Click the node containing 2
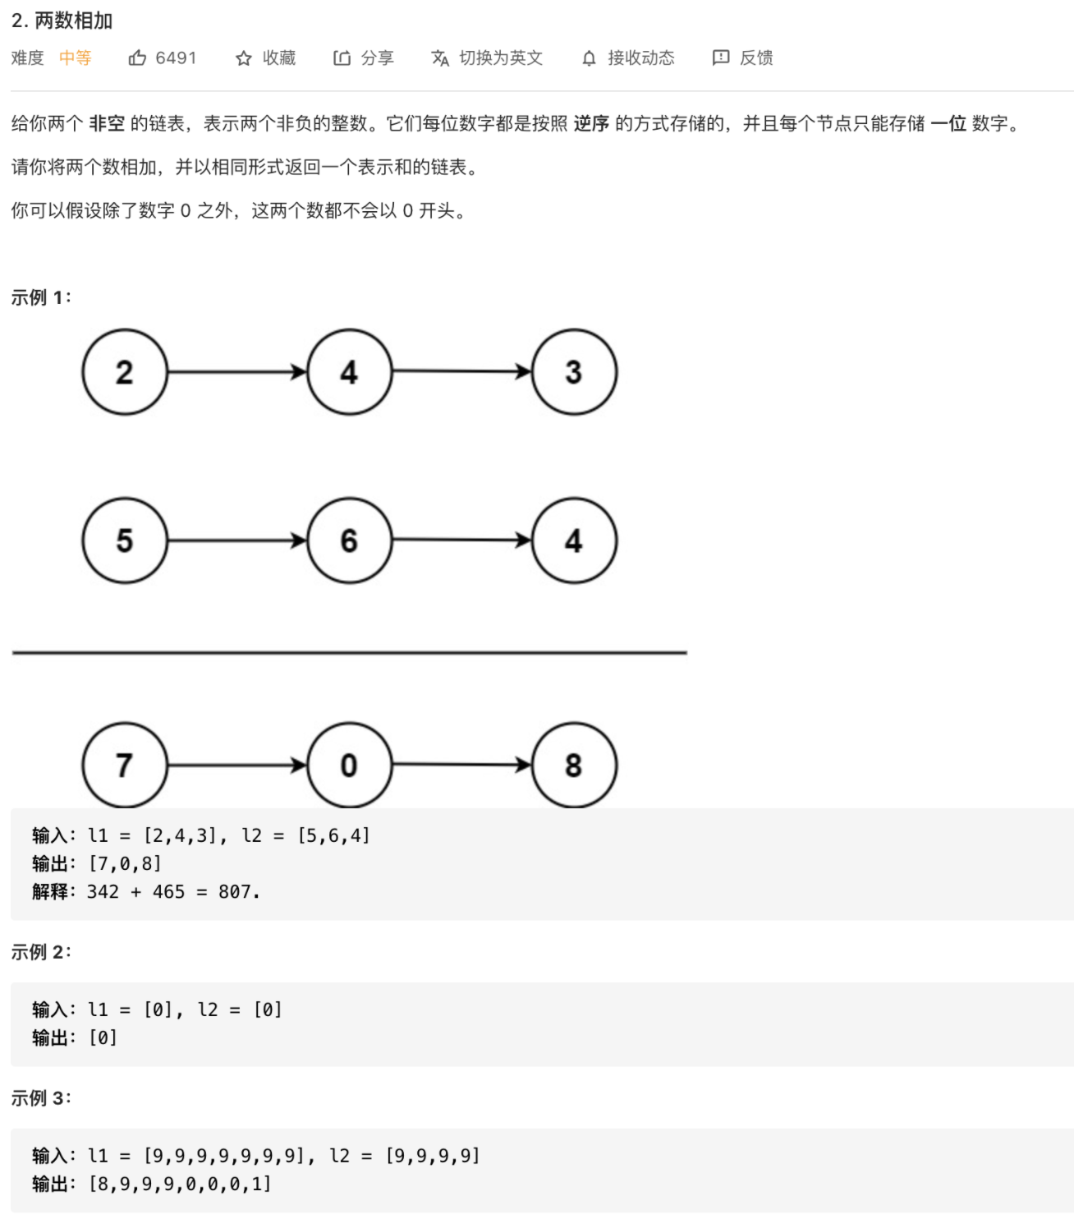click(x=125, y=372)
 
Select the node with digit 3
click(x=574, y=372)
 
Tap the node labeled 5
click(x=125, y=540)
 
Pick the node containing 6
click(x=349, y=540)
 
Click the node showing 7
click(x=125, y=766)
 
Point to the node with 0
click(x=349, y=766)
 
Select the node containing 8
click(x=574, y=766)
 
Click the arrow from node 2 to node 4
click(x=236, y=372)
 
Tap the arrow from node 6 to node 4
click(x=461, y=540)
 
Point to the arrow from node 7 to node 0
click(x=236, y=766)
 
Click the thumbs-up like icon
click(x=137, y=58)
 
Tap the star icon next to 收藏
click(x=244, y=58)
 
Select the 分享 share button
click(x=364, y=58)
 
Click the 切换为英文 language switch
click(x=487, y=58)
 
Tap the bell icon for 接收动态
click(x=589, y=58)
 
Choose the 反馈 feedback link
click(x=743, y=58)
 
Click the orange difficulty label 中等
click(x=76, y=58)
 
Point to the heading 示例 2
click(x=41, y=952)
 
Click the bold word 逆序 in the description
click(x=591, y=124)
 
